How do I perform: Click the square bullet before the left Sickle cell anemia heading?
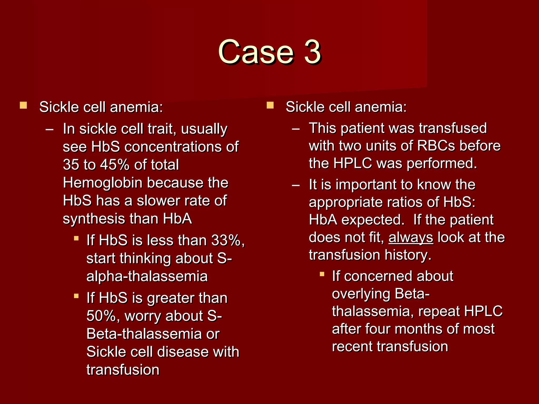(23, 105)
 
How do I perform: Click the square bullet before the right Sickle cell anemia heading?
(270, 105)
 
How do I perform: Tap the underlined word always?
(411, 237)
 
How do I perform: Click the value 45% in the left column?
(115, 165)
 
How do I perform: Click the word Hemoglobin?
(103, 183)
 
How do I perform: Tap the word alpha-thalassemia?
(147, 276)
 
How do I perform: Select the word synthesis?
(94, 219)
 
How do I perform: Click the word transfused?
(453, 128)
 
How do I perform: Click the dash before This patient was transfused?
(296, 129)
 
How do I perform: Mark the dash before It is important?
(296, 185)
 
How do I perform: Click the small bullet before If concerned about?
(322, 274)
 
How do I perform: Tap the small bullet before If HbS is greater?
(76, 296)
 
